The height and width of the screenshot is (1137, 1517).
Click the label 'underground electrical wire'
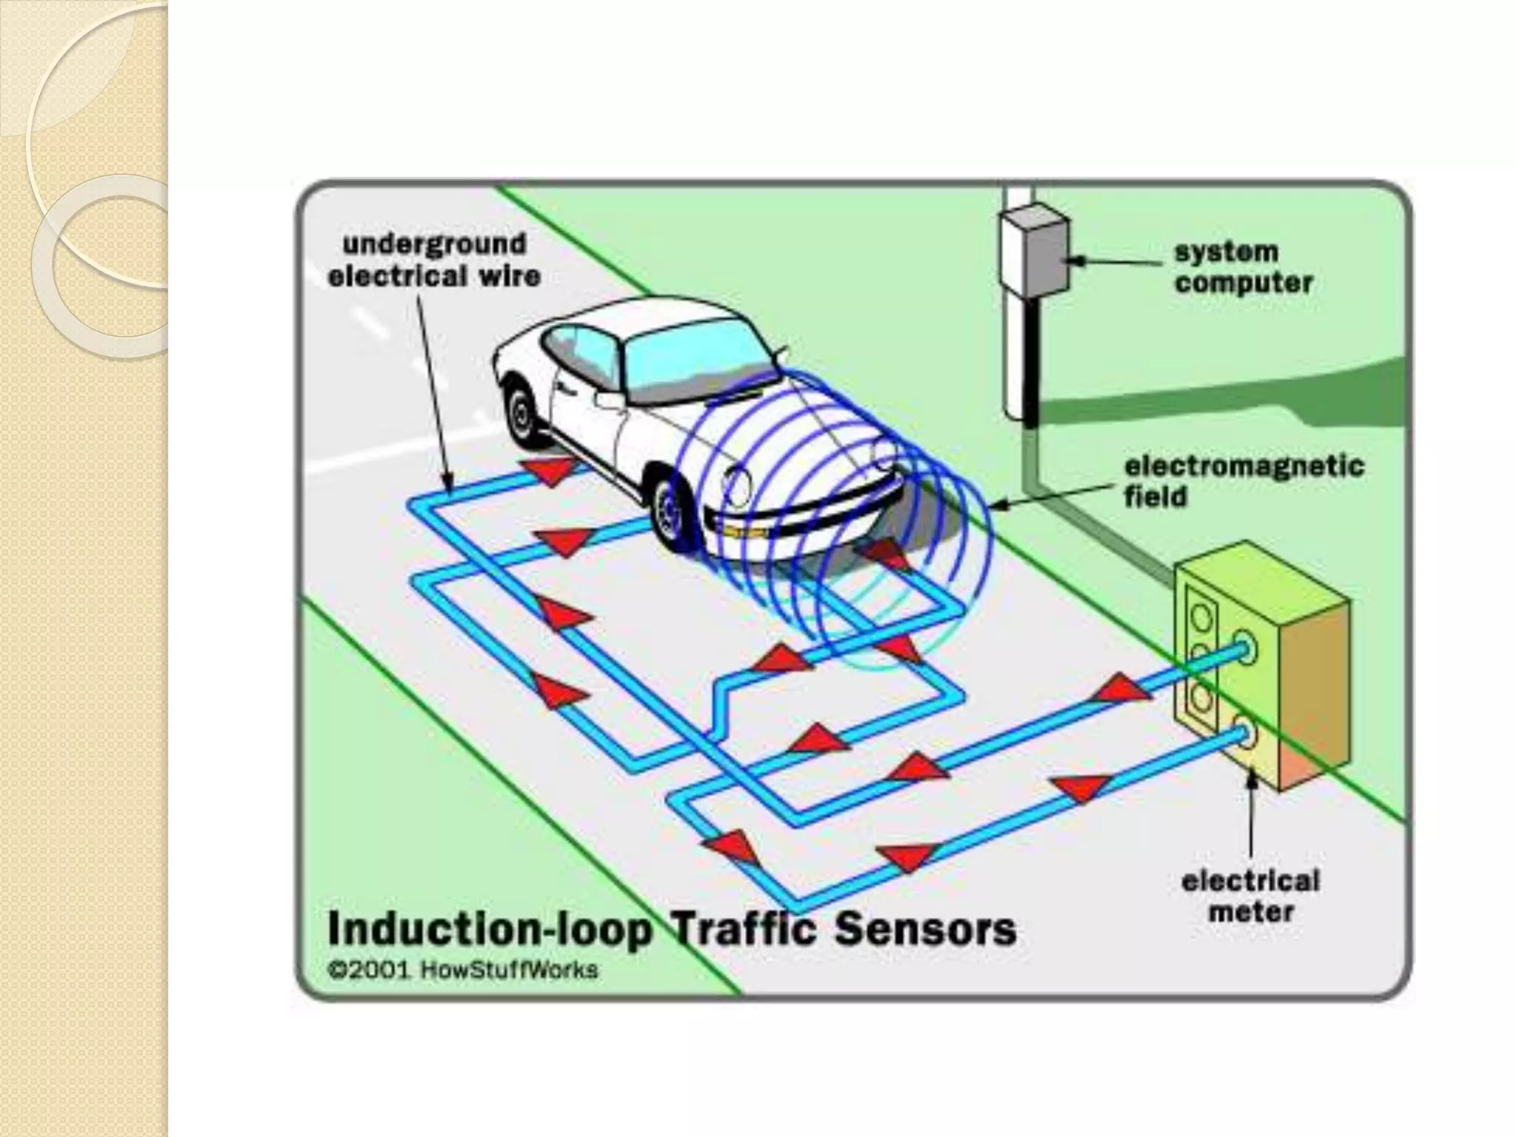434,260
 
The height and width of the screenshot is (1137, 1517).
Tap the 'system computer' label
1243,267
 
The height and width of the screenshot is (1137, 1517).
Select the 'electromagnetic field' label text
1244,481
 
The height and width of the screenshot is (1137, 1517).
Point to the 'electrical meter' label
1250,896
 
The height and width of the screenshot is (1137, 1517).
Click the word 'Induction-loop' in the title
489,930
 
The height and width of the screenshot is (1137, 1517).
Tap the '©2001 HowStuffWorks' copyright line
463,970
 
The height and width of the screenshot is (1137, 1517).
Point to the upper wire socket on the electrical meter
1243,649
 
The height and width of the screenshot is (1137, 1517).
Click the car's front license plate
741,531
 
